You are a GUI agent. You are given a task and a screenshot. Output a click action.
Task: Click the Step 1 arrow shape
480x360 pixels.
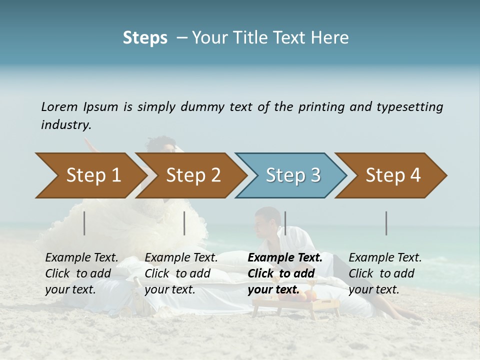click(x=90, y=175)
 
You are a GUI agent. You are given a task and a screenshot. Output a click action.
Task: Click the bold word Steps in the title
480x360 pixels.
click(x=145, y=38)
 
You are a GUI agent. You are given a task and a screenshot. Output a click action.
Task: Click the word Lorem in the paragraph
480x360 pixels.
click(x=59, y=107)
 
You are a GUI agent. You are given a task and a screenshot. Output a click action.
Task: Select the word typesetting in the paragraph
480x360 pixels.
click(x=410, y=107)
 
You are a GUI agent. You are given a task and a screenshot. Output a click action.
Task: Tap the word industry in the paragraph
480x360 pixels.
click(x=66, y=125)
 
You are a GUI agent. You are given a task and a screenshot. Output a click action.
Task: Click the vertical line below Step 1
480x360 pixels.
click(x=84, y=223)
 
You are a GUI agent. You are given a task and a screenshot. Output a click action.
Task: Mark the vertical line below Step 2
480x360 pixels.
click(x=184, y=223)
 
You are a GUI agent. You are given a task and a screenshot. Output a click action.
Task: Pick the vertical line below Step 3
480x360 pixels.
click(x=285, y=223)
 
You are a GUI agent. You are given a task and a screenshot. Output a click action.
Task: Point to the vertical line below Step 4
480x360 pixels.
click(x=386, y=223)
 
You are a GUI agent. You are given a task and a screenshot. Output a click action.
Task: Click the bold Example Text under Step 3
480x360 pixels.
click(x=285, y=258)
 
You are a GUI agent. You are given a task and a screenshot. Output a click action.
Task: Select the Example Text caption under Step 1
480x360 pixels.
click(x=81, y=258)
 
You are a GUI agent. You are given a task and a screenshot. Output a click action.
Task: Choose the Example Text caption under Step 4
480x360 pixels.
click(x=385, y=258)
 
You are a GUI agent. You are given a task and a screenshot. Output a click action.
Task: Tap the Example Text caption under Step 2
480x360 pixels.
click(x=181, y=258)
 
